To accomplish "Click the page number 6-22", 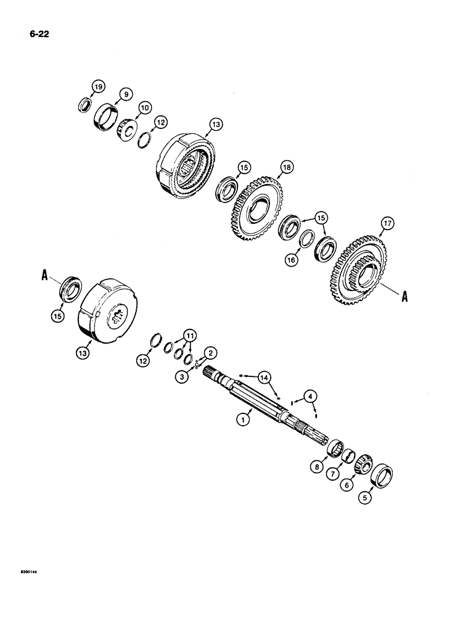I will pos(38,34).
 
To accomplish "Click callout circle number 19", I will pos(97,85).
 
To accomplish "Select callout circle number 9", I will pos(125,94).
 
